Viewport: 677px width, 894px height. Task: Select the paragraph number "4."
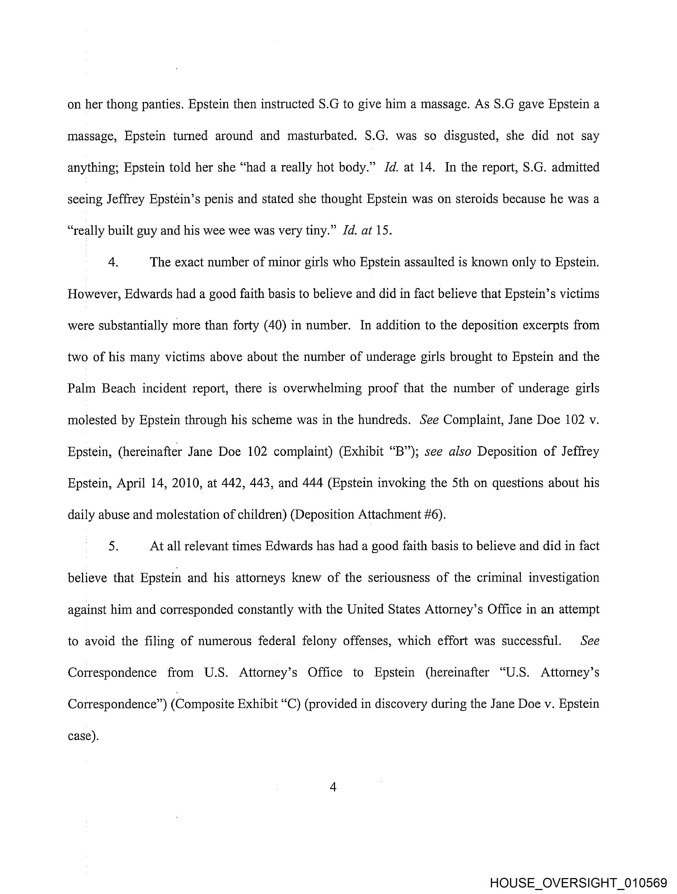(113, 262)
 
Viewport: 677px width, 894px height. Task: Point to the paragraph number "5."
(113, 546)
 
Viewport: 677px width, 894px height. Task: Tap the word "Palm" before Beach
(81, 388)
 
